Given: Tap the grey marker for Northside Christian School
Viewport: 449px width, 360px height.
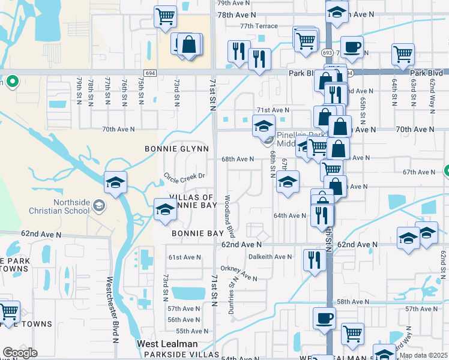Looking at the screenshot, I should (x=98, y=206).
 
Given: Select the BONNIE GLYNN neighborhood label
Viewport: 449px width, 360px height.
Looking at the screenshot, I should (x=176, y=148).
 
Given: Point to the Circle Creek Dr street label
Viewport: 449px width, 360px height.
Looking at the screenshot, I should (x=184, y=176).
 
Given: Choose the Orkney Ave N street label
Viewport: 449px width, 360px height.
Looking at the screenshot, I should (x=238, y=273).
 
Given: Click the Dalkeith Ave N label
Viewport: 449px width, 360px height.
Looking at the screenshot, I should (x=270, y=256).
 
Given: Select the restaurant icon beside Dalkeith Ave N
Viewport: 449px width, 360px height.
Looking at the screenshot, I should (x=314, y=260).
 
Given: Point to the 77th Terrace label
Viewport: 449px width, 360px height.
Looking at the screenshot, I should (x=259, y=26).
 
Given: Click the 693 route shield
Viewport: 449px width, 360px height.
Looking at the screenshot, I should (x=327, y=53).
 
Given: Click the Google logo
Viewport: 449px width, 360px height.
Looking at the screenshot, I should (x=20, y=353).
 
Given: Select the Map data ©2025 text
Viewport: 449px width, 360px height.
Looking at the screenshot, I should (x=423, y=355).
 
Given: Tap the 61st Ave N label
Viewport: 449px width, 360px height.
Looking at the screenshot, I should (x=184, y=257).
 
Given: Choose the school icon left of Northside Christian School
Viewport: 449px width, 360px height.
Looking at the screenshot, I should (x=115, y=182).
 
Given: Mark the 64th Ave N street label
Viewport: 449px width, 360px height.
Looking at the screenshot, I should (x=290, y=215).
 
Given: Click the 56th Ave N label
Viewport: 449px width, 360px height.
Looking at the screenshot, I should (x=184, y=320).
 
